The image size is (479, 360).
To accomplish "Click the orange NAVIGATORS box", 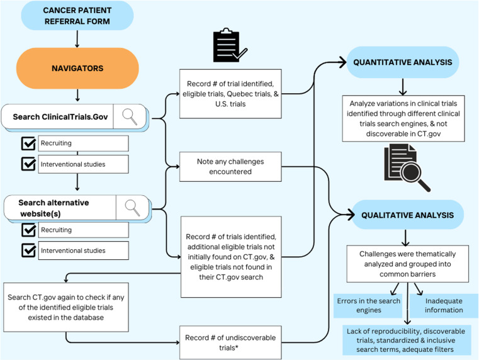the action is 77,68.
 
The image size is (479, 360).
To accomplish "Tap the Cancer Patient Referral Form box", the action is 77,16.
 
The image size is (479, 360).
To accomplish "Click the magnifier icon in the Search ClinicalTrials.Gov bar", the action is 130,116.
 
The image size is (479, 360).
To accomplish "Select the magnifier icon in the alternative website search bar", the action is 133,208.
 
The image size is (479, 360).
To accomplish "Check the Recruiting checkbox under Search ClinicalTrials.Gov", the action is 28,143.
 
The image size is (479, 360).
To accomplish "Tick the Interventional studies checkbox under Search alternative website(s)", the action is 29,250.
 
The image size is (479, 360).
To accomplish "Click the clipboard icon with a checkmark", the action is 230,45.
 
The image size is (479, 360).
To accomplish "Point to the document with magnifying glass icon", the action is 407,167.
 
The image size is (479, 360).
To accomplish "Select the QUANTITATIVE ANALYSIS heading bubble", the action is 403,62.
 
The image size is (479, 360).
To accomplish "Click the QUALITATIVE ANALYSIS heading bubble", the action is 407,215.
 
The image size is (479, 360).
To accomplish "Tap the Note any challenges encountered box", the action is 230,167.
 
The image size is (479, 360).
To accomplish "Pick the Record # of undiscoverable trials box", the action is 230,342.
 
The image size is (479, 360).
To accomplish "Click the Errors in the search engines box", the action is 368,306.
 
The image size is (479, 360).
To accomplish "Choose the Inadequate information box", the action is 444,306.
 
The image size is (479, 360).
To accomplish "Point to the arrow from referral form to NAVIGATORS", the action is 77,39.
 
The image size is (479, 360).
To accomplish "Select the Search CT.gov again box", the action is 66,307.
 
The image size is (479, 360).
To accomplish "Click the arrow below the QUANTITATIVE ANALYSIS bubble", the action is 403,87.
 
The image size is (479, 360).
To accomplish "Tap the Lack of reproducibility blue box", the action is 406,340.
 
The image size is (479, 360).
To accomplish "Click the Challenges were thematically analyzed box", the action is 407,264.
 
